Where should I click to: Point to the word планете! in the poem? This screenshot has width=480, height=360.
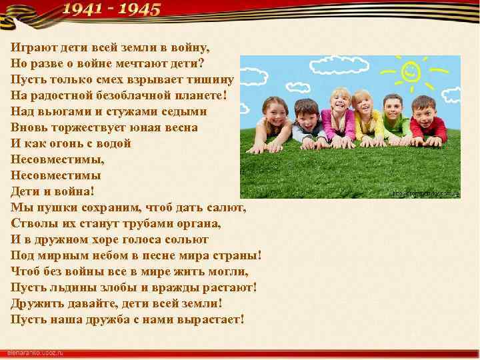pos(201,95)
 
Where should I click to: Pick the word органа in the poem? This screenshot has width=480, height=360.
pos(199,223)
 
